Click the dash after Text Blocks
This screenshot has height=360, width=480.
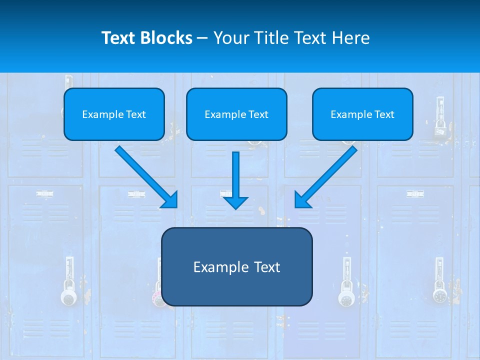point(202,38)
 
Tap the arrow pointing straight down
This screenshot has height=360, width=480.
point(235,180)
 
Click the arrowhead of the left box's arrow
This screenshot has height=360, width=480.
point(170,199)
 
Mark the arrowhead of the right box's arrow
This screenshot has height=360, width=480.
point(302,199)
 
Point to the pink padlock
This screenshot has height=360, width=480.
point(158,299)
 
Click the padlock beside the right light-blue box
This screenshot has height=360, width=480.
point(440,131)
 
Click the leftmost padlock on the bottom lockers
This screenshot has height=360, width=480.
point(69,297)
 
